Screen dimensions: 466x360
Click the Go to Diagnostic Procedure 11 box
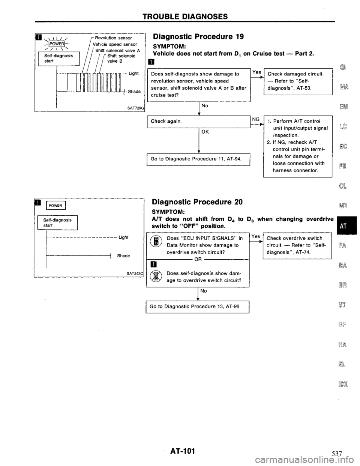(199, 160)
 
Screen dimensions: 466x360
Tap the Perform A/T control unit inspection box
(298, 148)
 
